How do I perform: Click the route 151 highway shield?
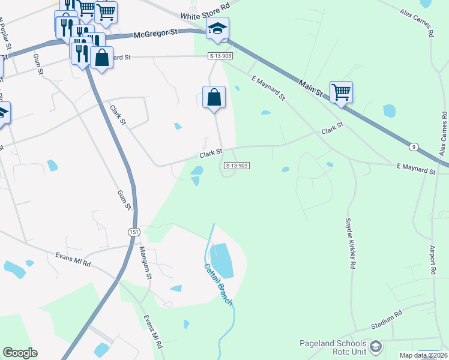tap(133, 232)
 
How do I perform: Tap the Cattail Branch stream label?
tap(217, 285)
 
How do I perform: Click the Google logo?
tap(20, 353)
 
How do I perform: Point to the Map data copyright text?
tap(424, 355)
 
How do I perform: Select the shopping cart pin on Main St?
tap(341, 92)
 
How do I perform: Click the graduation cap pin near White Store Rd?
tap(217, 28)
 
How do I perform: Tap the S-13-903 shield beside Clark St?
tap(237, 165)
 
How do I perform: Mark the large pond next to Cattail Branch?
tap(222, 260)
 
